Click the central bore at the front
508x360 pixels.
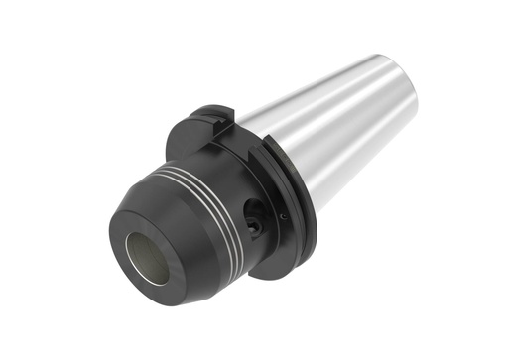click(x=150, y=257)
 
